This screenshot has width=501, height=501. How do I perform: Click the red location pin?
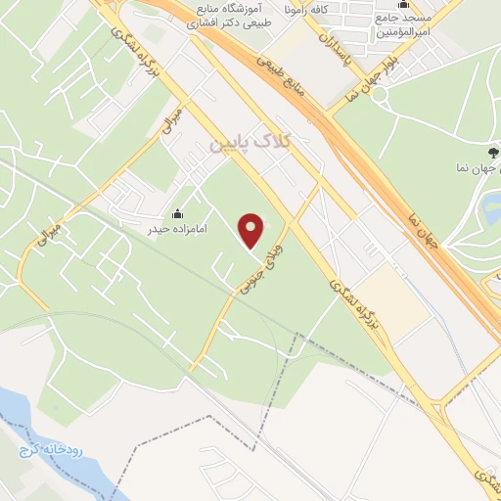click(252, 231)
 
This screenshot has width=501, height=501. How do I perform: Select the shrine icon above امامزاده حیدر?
click(177, 214)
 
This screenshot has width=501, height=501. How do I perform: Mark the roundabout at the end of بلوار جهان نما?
click(380, 97)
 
